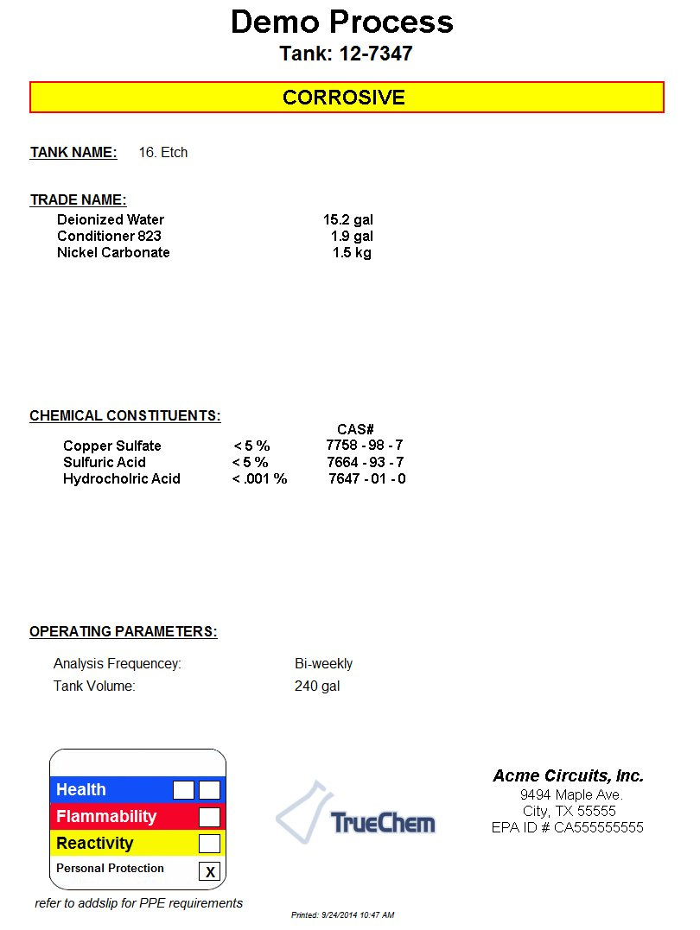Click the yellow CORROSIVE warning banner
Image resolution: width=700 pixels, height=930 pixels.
pyautogui.click(x=347, y=97)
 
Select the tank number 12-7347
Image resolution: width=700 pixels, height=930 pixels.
pyautogui.click(x=346, y=54)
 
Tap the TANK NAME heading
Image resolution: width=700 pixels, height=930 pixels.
pyautogui.click(x=73, y=153)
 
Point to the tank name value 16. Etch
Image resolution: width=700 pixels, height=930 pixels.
pyautogui.click(x=163, y=153)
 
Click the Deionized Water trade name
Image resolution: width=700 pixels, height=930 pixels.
pyautogui.click(x=111, y=220)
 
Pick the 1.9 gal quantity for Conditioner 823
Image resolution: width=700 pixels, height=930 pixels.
pyautogui.click(x=352, y=236)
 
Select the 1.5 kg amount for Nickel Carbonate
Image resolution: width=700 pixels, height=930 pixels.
pyautogui.click(x=352, y=253)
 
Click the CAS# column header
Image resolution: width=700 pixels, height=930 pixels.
pyautogui.click(x=355, y=429)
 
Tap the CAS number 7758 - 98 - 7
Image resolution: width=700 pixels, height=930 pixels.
pyautogui.click(x=365, y=446)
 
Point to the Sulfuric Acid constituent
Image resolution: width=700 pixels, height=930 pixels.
pyautogui.click(x=105, y=463)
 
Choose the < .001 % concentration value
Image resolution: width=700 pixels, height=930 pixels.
pyautogui.click(x=259, y=479)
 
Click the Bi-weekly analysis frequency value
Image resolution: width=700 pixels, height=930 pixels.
pyautogui.click(x=323, y=664)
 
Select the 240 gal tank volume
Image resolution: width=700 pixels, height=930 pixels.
pyautogui.click(x=317, y=686)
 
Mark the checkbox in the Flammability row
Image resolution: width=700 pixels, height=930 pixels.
pyautogui.click(x=209, y=817)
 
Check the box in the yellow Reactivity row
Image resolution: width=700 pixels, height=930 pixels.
pyautogui.click(x=209, y=844)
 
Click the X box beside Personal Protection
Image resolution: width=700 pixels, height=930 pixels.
pyautogui.click(x=209, y=871)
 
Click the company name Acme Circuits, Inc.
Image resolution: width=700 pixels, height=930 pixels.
pyautogui.click(x=568, y=776)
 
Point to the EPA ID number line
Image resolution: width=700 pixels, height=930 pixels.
pyautogui.click(x=568, y=828)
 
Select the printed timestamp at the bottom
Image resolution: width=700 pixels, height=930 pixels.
pyautogui.click(x=343, y=914)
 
